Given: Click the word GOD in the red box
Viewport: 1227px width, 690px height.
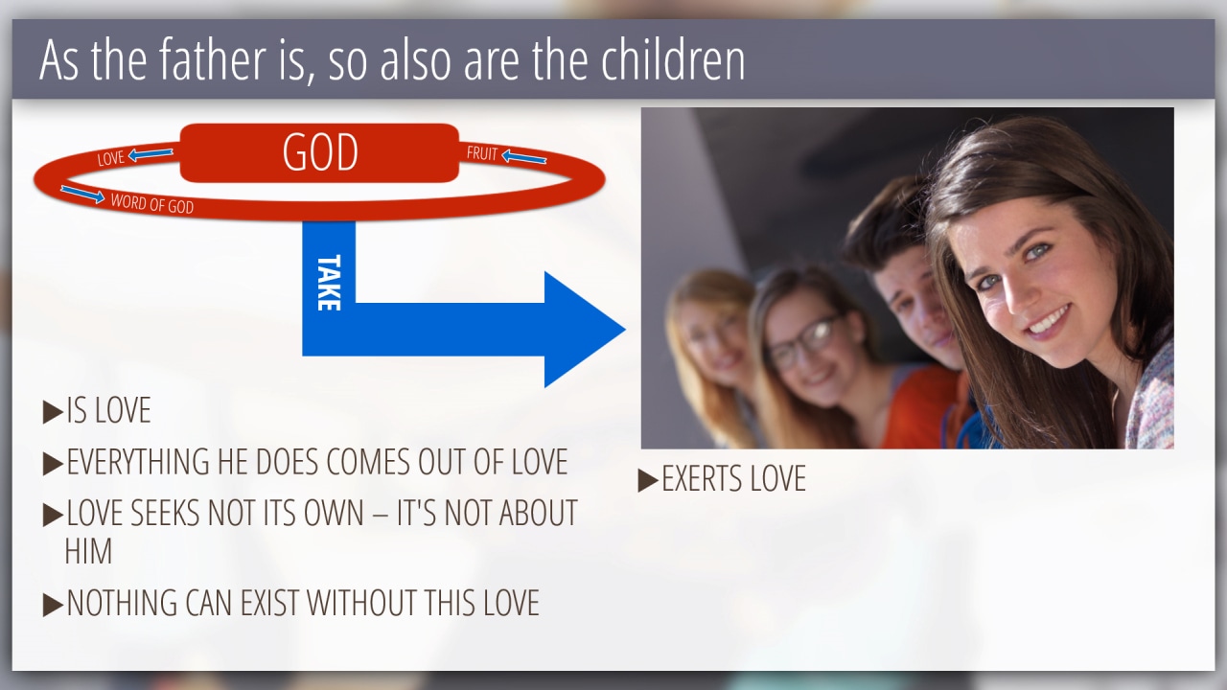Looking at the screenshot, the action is coord(320,152).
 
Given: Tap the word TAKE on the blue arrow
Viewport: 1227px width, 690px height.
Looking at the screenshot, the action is coord(329,283).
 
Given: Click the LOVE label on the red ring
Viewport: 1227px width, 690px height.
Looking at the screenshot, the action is coord(110,158).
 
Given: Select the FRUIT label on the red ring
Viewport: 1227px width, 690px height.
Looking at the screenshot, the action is coord(482,153).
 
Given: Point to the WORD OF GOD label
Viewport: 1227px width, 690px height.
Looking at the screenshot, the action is coord(152,203).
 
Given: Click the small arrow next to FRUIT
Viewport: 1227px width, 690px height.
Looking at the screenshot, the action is coord(524,158).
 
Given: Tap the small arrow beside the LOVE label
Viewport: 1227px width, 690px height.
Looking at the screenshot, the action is coord(150,154).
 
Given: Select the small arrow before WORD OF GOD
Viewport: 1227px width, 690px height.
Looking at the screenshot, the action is coord(82,194).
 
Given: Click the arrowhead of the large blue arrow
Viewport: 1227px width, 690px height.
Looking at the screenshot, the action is coord(585,330).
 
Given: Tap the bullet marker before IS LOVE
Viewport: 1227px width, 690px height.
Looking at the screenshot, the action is coord(53,412).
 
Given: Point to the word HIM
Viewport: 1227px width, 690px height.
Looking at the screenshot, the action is coord(88,551).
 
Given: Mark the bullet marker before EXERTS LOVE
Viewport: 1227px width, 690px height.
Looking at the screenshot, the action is coord(648,480).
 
